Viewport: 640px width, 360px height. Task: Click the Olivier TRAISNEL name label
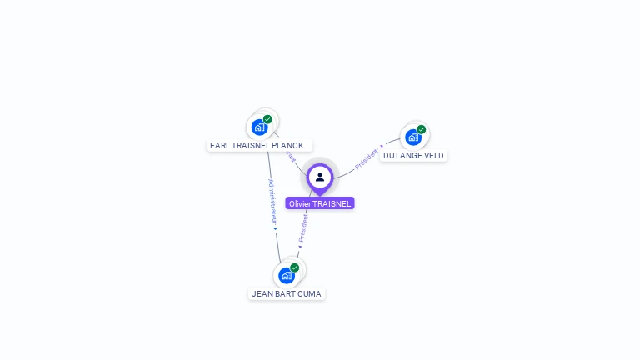[x=320, y=203]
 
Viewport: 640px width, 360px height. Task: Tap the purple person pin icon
[x=320, y=177]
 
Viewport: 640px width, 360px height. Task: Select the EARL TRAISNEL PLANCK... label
[x=259, y=145]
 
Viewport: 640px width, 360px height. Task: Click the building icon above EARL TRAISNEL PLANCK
[x=259, y=127]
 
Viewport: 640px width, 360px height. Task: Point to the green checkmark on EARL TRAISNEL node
[x=267, y=119]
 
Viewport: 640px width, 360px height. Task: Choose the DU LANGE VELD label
[x=413, y=155]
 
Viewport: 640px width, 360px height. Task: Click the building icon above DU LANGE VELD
[x=413, y=137]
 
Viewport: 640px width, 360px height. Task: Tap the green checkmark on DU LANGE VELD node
[x=422, y=129]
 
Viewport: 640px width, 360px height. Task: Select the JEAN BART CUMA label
[x=287, y=293]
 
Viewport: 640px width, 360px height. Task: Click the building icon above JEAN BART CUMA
[x=287, y=276]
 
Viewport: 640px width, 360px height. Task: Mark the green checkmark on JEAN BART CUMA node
[x=295, y=267]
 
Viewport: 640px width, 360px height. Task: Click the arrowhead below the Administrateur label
[x=275, y=228]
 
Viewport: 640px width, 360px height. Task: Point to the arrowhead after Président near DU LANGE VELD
[x=382, y=147]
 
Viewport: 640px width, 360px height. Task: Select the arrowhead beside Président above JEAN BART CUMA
[x=300, y=247]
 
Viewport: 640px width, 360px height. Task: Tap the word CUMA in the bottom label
[x=309, y=293]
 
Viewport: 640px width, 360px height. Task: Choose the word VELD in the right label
[x=433, y=155]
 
